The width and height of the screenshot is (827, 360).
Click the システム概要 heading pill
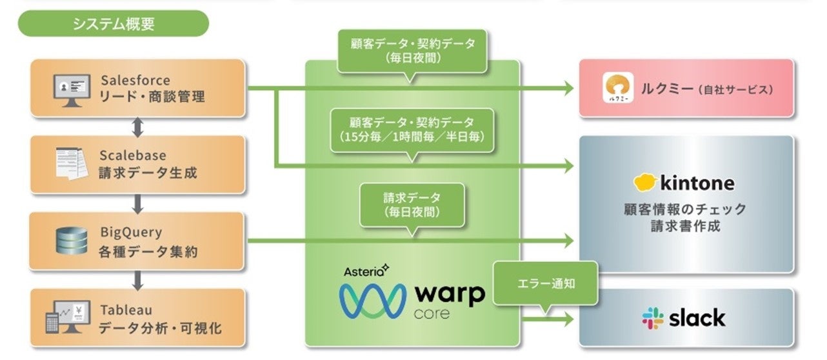[114, 24]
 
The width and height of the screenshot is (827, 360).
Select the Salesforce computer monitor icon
[71, 88]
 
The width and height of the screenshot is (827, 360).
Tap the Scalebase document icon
[71, 164]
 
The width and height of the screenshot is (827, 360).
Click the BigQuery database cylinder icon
[71, 241]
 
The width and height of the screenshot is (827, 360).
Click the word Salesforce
[135, 81]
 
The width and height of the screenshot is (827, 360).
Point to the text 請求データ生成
[148, 173]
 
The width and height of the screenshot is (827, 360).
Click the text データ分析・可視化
[160, 327]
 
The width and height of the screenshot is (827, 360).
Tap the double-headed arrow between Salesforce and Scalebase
[137, 126]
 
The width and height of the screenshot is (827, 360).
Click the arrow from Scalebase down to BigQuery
[137, 203]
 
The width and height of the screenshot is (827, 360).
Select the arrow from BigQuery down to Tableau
[137, 279]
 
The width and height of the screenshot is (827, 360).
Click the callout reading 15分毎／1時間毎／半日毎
[411, 130]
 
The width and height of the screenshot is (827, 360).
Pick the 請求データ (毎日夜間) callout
[411, 205]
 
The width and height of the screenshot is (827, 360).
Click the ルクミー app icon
[620, 88]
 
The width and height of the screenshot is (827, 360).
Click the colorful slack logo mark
[653, 317]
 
